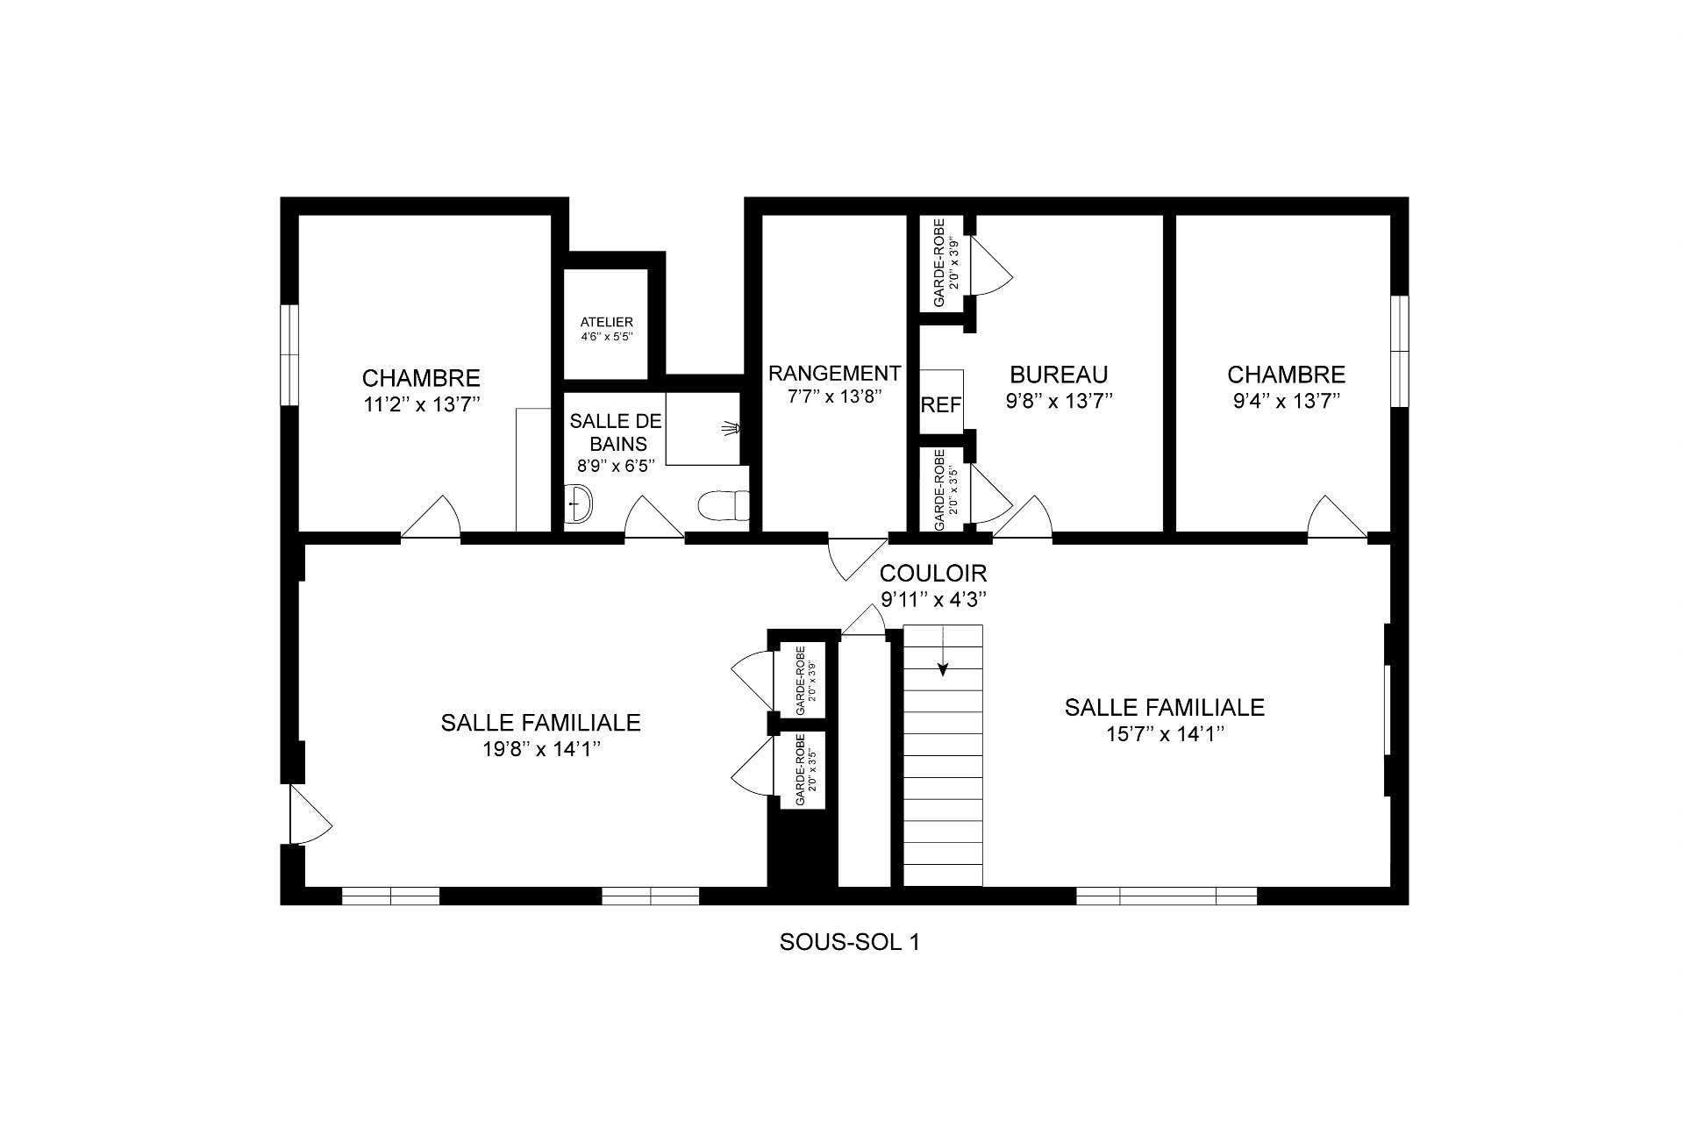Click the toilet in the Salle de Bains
724,505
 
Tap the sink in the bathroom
580,503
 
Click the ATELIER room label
606,322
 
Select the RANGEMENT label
834,374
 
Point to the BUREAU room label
1059,375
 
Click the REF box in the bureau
941,403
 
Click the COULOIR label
933,573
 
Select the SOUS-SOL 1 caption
849,942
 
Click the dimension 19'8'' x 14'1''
540,749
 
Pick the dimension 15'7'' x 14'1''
1165,733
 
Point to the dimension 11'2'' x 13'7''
421,404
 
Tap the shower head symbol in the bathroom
731,428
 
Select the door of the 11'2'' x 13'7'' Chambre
432,516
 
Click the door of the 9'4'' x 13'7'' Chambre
1337,516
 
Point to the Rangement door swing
857,559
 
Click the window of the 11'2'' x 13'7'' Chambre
289,354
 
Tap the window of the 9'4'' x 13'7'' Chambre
1399,351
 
